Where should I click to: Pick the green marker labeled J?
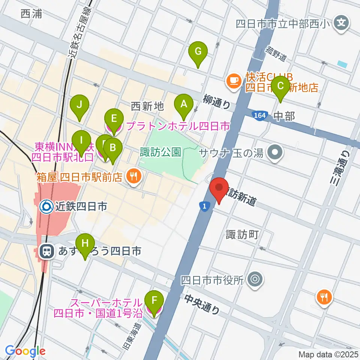(x=79, y=107)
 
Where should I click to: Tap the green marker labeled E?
(x=114, y=121)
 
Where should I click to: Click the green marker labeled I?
(x=81, y=143)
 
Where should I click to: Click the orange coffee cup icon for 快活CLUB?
(x=234, y=80)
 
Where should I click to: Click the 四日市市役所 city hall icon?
(x=255, y=279)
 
